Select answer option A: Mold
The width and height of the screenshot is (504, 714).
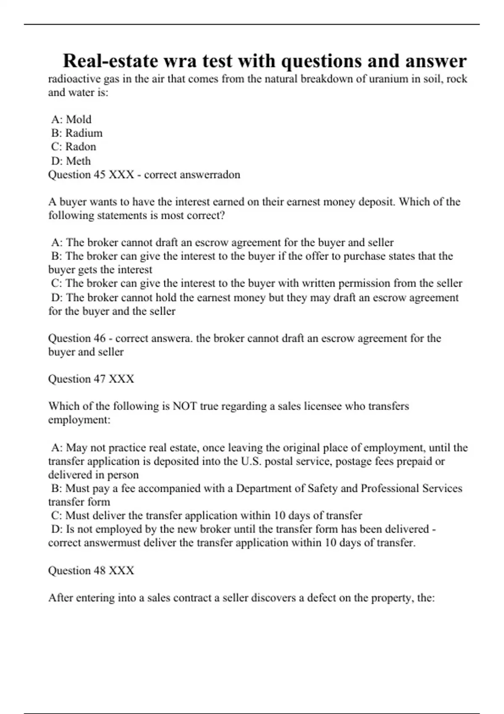pos(71,119)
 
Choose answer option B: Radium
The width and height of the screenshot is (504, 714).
pos(77,133)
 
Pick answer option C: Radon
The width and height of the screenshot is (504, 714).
pos(73,147)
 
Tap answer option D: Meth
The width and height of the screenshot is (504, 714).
pos(71,160)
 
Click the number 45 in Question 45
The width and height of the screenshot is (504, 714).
pos(99,174)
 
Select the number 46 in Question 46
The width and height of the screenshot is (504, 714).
pos(99,338)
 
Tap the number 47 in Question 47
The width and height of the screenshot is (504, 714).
pos(99,379)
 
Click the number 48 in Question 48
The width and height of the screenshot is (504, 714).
pos(99,570)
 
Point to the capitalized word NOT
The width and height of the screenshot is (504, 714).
pos(185,406)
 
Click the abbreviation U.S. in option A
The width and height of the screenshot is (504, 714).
pos(251,461)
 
